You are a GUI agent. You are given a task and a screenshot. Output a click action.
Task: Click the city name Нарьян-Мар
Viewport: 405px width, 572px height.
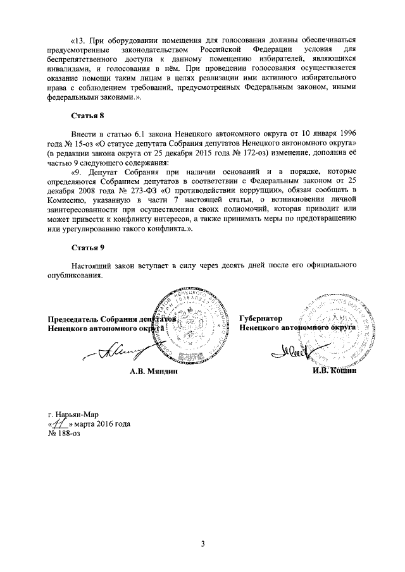coord(78,415)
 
